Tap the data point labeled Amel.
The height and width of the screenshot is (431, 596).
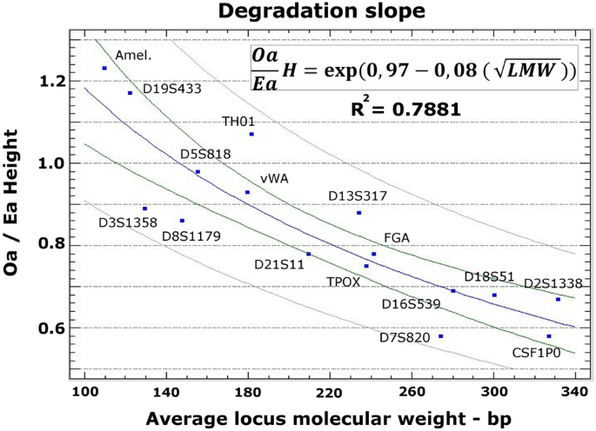tap(104, 68)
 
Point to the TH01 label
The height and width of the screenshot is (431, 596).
tap(238, 121)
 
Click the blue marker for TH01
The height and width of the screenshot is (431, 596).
tap(251, 134)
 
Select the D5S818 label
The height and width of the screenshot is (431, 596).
tap(205, 154)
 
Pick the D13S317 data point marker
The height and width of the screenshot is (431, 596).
tap(358, 213)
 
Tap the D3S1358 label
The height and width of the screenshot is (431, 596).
tap(127, 222)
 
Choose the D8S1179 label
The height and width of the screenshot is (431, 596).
tap(191, 235)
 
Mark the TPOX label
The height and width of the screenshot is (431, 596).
tap(343, 282)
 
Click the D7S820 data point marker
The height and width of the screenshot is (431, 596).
tap(441, 336)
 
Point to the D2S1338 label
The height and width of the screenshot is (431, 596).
tap(552, 283)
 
